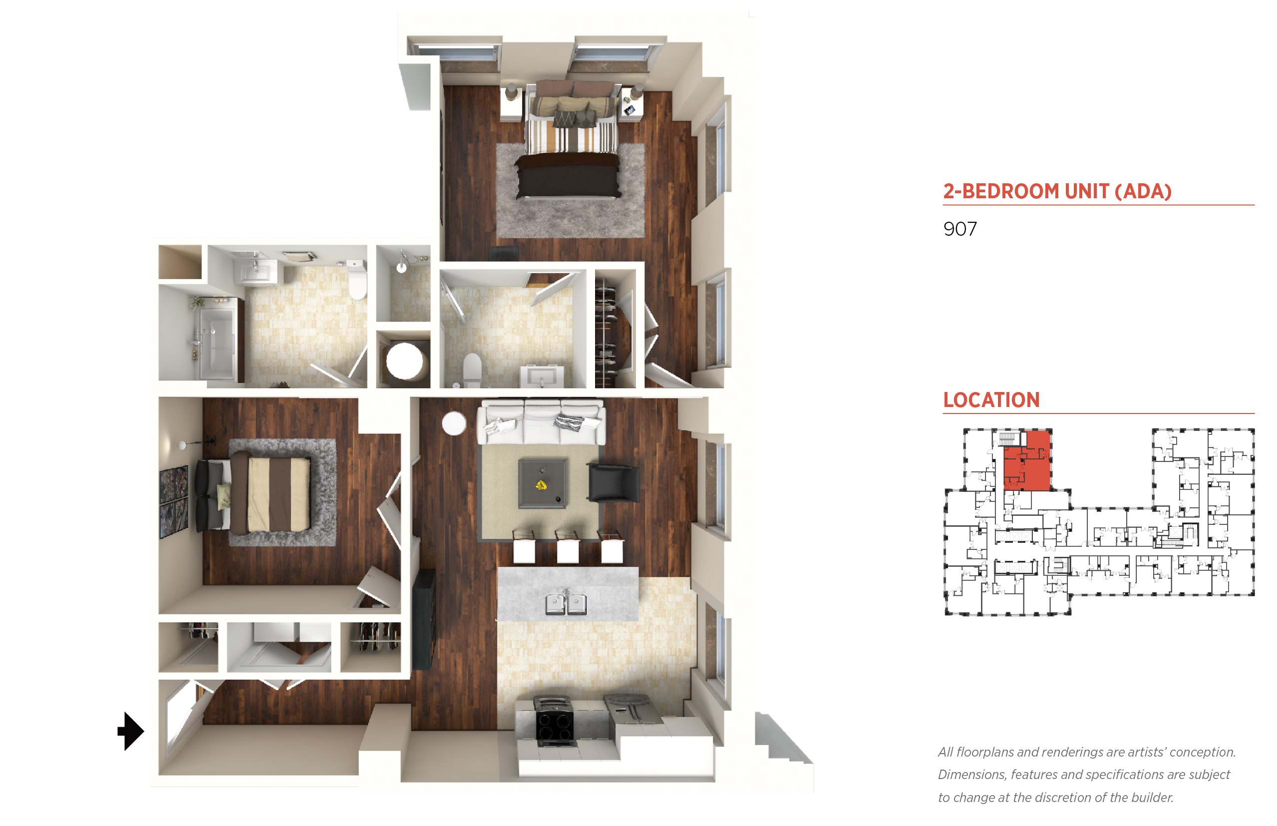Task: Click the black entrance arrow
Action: click(130, 731)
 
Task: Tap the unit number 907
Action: click(959, 229)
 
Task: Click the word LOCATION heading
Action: click(991, 400)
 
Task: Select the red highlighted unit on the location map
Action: click(1026, 460)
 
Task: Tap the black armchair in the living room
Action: click(614, 483)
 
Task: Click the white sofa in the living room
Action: click(542, 421)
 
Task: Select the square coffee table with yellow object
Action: click(542, 483)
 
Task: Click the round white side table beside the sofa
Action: click(454, 423)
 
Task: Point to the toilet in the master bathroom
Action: click(472, 370)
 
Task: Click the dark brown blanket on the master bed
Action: click(568, 175)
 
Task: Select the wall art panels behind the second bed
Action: click(174, 501)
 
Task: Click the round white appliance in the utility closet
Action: click(404, 361)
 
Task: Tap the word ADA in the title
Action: click(1144, 191)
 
